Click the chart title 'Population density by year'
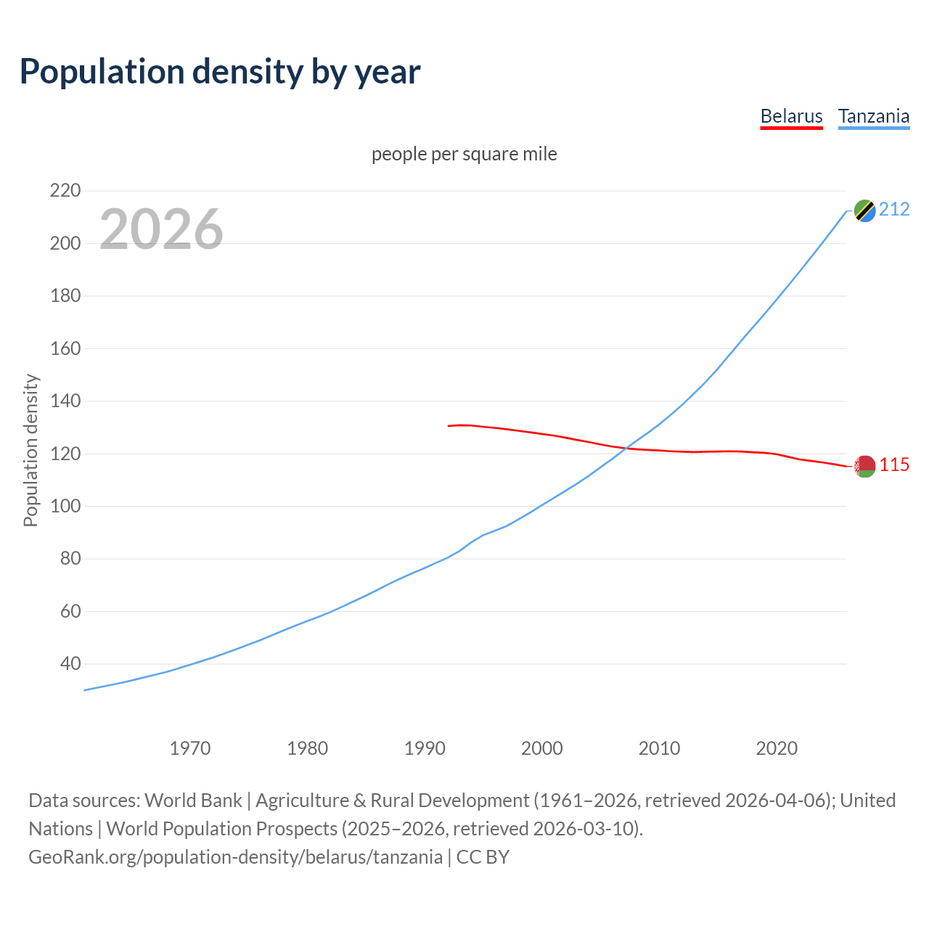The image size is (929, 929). click(x=220, y=72)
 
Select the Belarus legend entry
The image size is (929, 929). click(x=791, y=116)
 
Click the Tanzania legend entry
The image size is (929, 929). click(x=873, y=116)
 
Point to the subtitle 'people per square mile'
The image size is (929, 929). click(x=464, y=155)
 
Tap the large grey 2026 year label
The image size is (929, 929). click(x=161, y=229)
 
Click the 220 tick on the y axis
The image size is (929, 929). click(x=65, y=191)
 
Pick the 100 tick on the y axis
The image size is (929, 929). click(x=65, y=506)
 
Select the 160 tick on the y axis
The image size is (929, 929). click(x=65, y=348)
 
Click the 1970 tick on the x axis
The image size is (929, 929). click(x=190, y=748)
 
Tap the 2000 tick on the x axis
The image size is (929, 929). click(x=541, y=748)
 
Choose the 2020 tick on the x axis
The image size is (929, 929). click(x=777, y=748)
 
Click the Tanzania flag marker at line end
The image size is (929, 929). click(x=864, y=210)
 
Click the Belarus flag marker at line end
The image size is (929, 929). click(x=864, y=467)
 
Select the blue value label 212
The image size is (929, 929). click(x=894, y=210)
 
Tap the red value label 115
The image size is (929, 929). click(x=894, y=465)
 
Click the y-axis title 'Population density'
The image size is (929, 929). click(x=30, y=450)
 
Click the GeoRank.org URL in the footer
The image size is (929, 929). click(x=235, y=857)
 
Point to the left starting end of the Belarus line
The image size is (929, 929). click(x=449, y=426)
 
